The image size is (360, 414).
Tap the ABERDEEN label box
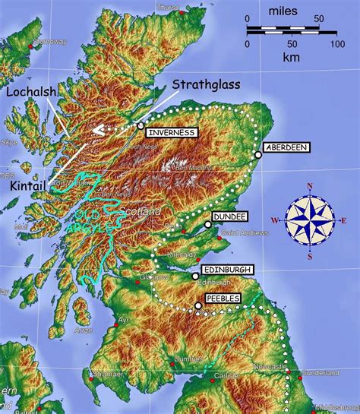coord(286,147)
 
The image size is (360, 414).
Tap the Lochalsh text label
coord(30,92)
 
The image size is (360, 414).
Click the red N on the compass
coord(310,185)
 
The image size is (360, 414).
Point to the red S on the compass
coord(310,256)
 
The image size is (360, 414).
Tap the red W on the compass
coord(275,221)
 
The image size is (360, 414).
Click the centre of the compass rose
coord(310,220)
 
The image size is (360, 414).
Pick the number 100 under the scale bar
coord(336,44)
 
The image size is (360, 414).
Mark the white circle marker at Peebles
coord(199,306)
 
